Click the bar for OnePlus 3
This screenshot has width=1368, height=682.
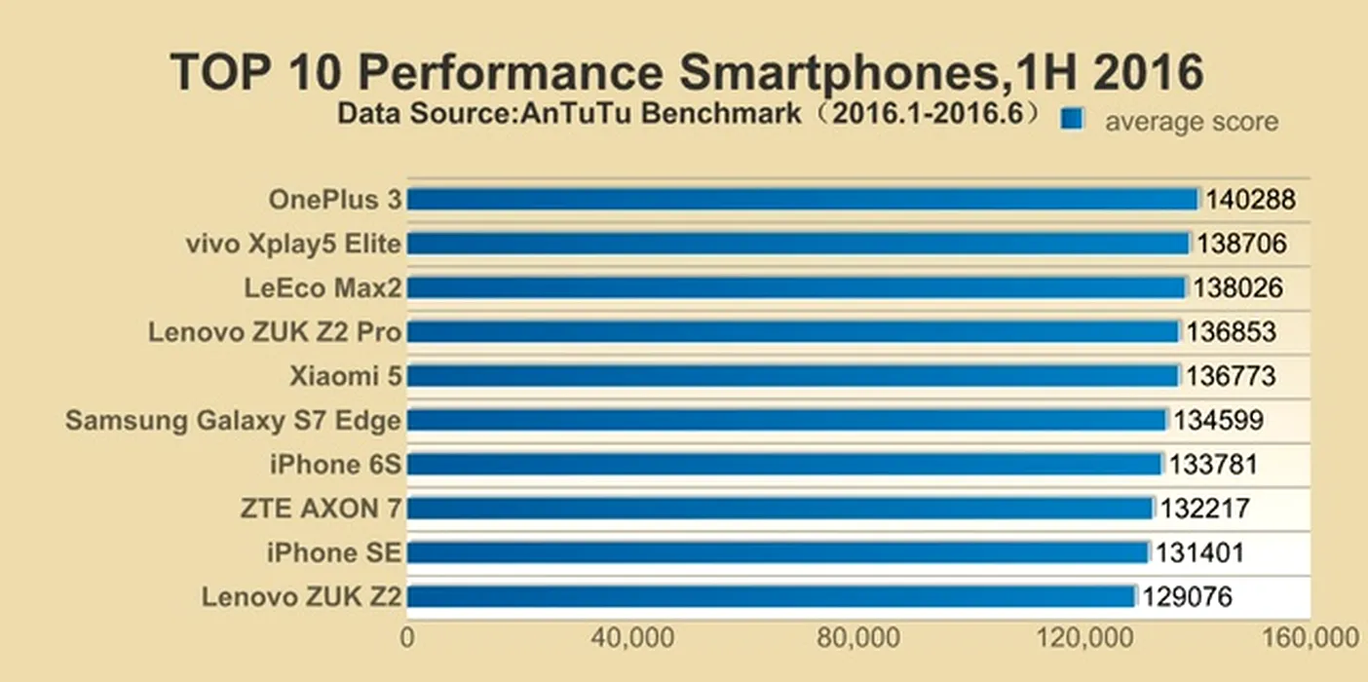pyautogui.click(x=802, y=200)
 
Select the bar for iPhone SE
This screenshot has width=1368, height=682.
pyautogui.click(x=778, y=552)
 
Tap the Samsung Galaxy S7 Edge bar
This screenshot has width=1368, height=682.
pyautogui.click(x=786, y=420)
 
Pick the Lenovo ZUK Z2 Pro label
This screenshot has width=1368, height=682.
pyautogui.click(x=274, y=332)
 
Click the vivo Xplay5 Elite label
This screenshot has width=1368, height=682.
pyautogui.click(x=292, y=244)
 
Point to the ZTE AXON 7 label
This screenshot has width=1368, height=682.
pyautogui.click(x=321, y=509)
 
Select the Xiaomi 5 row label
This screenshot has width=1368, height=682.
pyautogui.click(x=345, y=376)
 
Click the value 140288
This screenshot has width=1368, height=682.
pyautogui.click(x=1250, y=200)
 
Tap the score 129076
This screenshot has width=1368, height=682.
pyautogui.click(x=1188, y=596)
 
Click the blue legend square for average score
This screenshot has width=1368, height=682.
pyautogui.click(x=1072, y=119)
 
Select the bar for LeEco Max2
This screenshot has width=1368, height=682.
pyautogui.click(x=796, y=288)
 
